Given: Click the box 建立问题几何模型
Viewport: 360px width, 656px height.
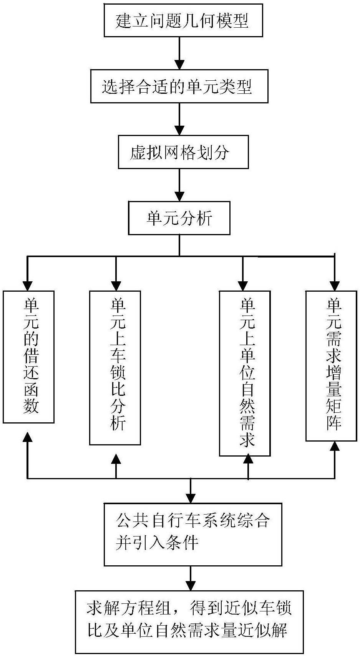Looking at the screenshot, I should pyautogui.click(x=183, y=20).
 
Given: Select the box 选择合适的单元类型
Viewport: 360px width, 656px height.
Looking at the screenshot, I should pyautogui.click(x=179, y=86).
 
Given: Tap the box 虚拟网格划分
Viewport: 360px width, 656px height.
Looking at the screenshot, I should pyautogui.click(x=183, y=152).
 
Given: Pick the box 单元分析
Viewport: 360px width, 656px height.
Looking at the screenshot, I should pyautogui.click(x=179, y=218).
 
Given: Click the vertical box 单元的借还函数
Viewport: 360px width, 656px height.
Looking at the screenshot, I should pyautogui.click(x=29, y=357).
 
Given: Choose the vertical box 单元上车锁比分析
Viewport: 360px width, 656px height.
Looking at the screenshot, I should pyautogui.click(x=115, y=367).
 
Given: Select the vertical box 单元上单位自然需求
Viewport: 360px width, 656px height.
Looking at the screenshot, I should pyautogui.click(x=245, y=373).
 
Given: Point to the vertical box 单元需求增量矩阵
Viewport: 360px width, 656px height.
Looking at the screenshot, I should pyautogui.click(x=331, y=365).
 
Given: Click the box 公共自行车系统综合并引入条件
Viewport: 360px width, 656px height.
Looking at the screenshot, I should pyautogui.click(x=193, y=534).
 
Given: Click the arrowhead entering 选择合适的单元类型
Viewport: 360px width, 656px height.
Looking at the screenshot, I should pyautogui.click(x=179, y=65).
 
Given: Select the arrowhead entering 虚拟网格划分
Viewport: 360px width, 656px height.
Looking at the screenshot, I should pyautogui.click(x=179, y=130).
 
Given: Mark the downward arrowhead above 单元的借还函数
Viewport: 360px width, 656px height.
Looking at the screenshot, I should pyautogui.click(x=27, y=286).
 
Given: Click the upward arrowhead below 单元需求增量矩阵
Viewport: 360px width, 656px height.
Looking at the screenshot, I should pyautogui.click(x=335, y=446).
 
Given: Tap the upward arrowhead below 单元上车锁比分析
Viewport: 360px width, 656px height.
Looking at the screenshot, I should pyautogui.click(x=116, y=459).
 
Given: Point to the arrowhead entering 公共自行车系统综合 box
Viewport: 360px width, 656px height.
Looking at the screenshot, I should pyautogui.click(x=191, y=498).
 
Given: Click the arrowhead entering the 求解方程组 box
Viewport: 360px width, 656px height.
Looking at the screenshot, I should pyautogui.click(x=191, y=585).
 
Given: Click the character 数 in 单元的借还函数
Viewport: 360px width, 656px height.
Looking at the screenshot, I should pyautogui.click(x=31, y=406).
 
